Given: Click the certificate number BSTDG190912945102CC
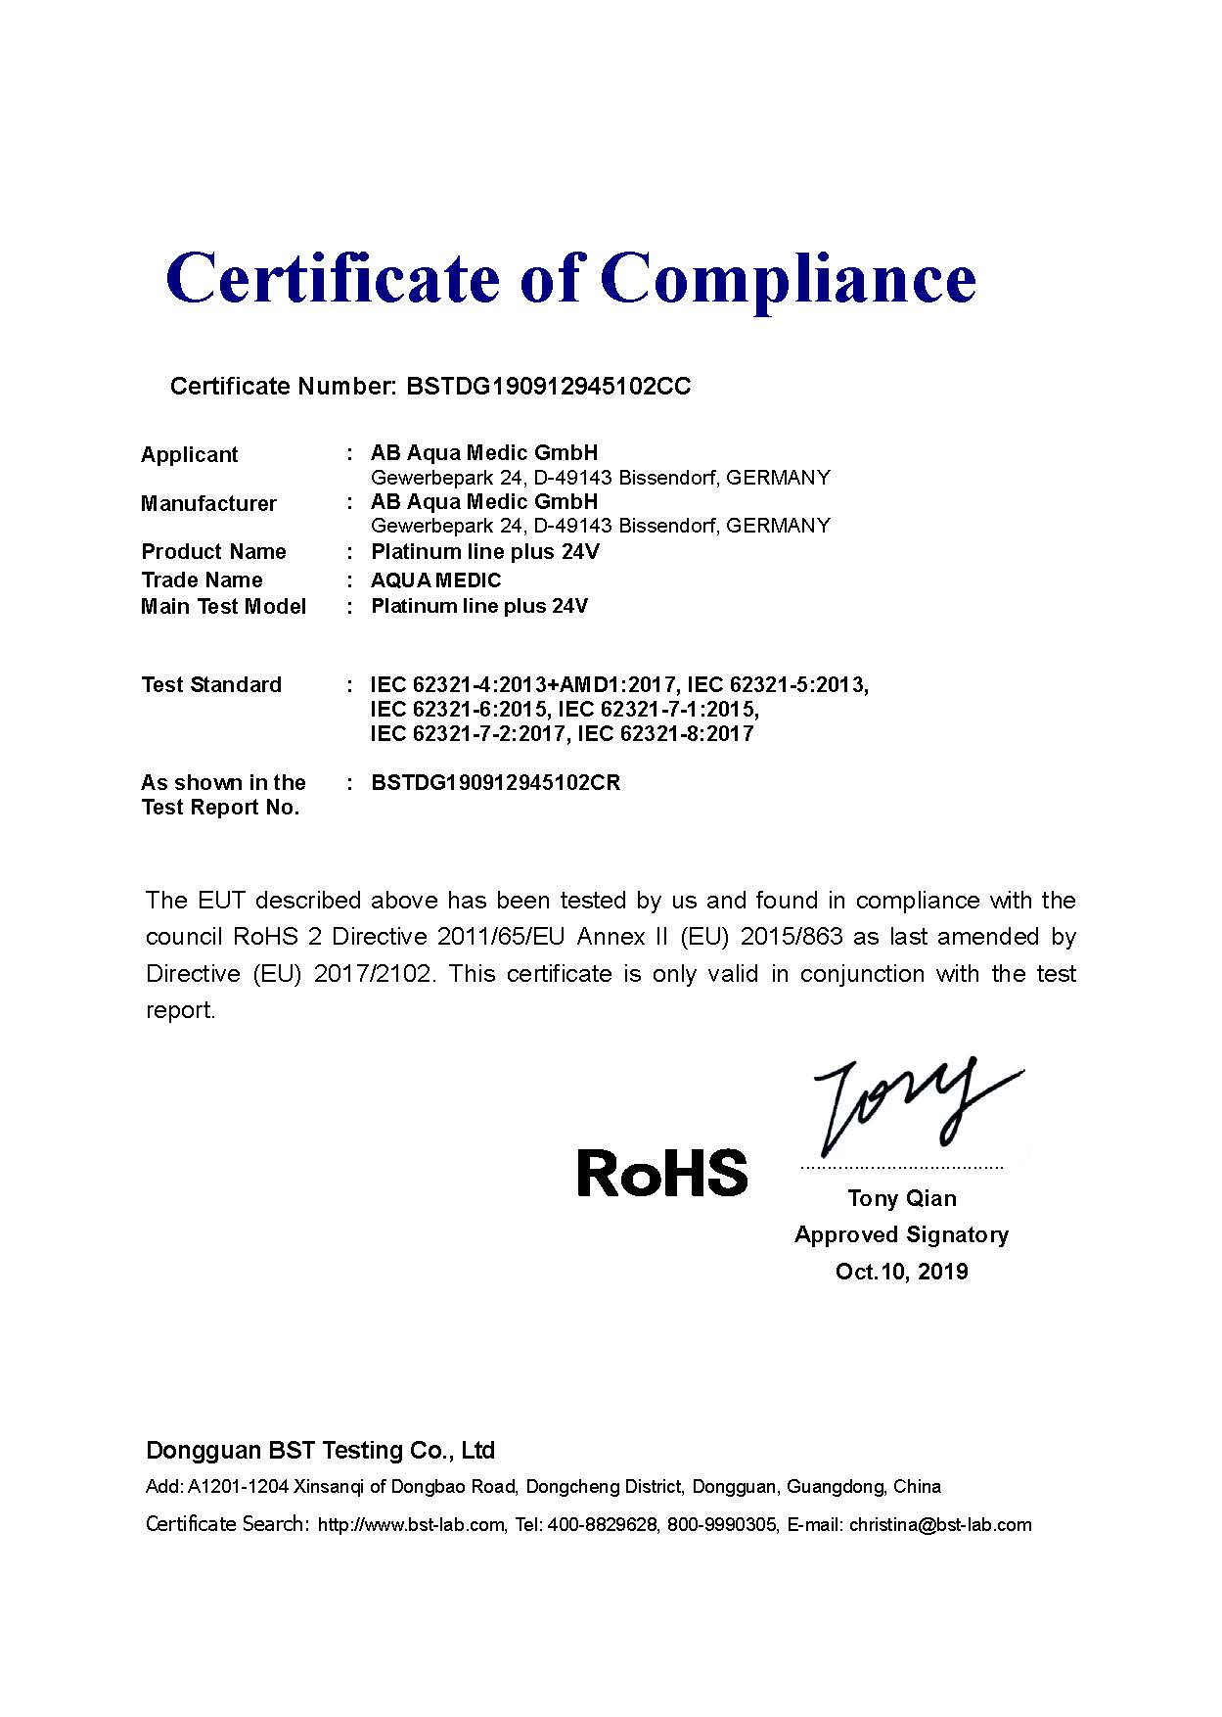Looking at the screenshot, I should (x=548, y=387).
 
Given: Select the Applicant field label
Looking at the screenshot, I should (x=189, y=454).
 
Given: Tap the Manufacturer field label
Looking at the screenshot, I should (x=208, y=503).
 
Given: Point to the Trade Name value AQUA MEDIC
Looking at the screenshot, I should (x=435, y=580).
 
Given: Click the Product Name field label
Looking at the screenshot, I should (x=213, y=551).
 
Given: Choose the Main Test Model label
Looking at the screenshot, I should (x=223, y=606).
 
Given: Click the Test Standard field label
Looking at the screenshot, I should (x=211, y=684).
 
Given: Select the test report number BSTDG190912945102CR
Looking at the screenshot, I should (x=495, y=783).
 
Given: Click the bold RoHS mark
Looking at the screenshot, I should (x=661, y=1172).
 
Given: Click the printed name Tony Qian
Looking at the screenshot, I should (x=901, y=1198).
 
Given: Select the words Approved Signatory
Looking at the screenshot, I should (x=901, y=1234).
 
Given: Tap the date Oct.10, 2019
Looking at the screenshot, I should (x=901, y=1272).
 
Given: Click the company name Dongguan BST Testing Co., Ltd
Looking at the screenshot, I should (x=320, y=1450).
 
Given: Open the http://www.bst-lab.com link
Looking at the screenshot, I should (x=411, y=1524).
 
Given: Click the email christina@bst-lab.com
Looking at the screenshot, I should (x=940, y=1524).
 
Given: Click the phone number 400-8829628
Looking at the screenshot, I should (x=603, y=1524).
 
